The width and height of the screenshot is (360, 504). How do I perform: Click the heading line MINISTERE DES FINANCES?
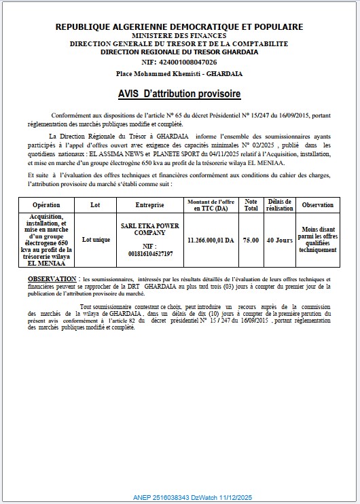pyautogui.click(x=179, y=35)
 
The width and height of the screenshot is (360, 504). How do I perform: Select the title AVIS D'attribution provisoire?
pyautogui.click(x=179, y=93)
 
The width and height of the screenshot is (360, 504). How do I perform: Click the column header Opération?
pyautogui.click(x=46, y=204)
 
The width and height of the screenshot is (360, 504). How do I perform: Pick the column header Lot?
pyautogui.click(x=95, y=204)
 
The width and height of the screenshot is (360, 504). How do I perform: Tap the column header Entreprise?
pyautogui.click(x=150, y=204)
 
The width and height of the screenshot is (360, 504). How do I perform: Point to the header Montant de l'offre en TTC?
pyautogui.click(x=211, y=204)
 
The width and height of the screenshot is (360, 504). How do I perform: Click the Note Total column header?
pyautogui.click(x=251, y=204)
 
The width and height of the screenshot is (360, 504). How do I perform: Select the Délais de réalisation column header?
pyautogui.click(x=279, y=204)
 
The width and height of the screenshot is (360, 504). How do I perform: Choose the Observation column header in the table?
pyautogui.click(x=317, y=204)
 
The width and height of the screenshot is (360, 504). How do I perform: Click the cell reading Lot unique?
pyautogui.click(x=96, y=240)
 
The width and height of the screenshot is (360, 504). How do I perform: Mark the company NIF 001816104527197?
pyautogui.click(x=150, y=250)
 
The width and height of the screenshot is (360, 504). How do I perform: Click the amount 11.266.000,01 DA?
pyautogui.click(x=211, y=240)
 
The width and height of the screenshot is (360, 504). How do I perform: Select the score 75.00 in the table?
pyautogui.click(x=251, y=240)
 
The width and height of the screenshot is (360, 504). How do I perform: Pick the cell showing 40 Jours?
pyautogui.click(x=279, y=240)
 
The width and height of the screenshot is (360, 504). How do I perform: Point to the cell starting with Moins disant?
pyautogui.click(x=317, y=240)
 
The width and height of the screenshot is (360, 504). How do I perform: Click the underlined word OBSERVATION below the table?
pyautogui.click(x=52, y=279)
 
